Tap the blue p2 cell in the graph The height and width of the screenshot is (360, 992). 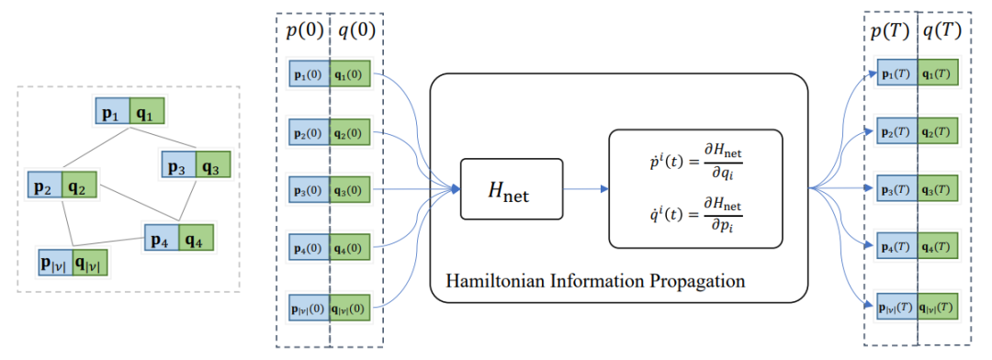45,188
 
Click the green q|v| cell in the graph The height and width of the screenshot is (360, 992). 94,262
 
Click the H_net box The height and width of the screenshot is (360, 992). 510,189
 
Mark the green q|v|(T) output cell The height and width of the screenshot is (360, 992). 940,305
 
